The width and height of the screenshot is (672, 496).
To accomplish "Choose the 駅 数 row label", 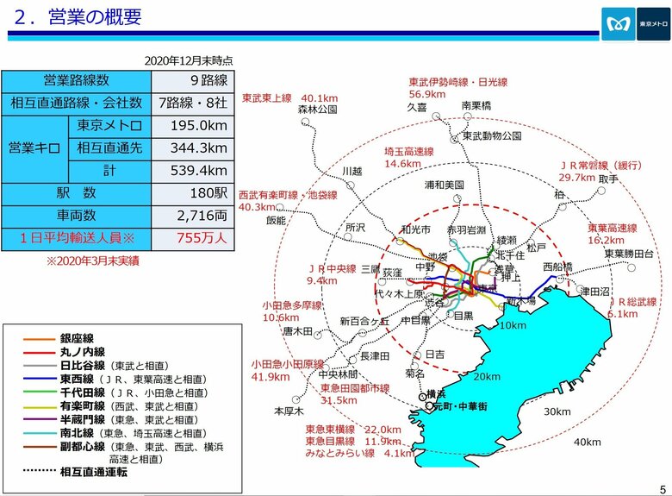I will (x=76, y=192).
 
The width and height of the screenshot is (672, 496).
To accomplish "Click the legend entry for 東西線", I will (x=77, y=378).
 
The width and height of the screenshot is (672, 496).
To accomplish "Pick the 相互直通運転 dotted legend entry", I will (x=95, y=472).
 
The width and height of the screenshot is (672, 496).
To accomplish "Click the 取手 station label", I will (x=608, y=179).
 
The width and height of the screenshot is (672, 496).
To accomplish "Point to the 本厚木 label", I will (x=283, y=411).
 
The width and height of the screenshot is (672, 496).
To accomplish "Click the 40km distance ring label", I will (x=587, y=443).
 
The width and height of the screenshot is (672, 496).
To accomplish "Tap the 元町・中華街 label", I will (x=462, y=405).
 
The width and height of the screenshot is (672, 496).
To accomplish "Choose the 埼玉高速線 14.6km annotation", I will (x=409, y=157).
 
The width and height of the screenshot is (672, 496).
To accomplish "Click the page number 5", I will (x=662, y=488).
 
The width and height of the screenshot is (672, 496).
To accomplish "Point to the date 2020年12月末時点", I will (x=188, y=61).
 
